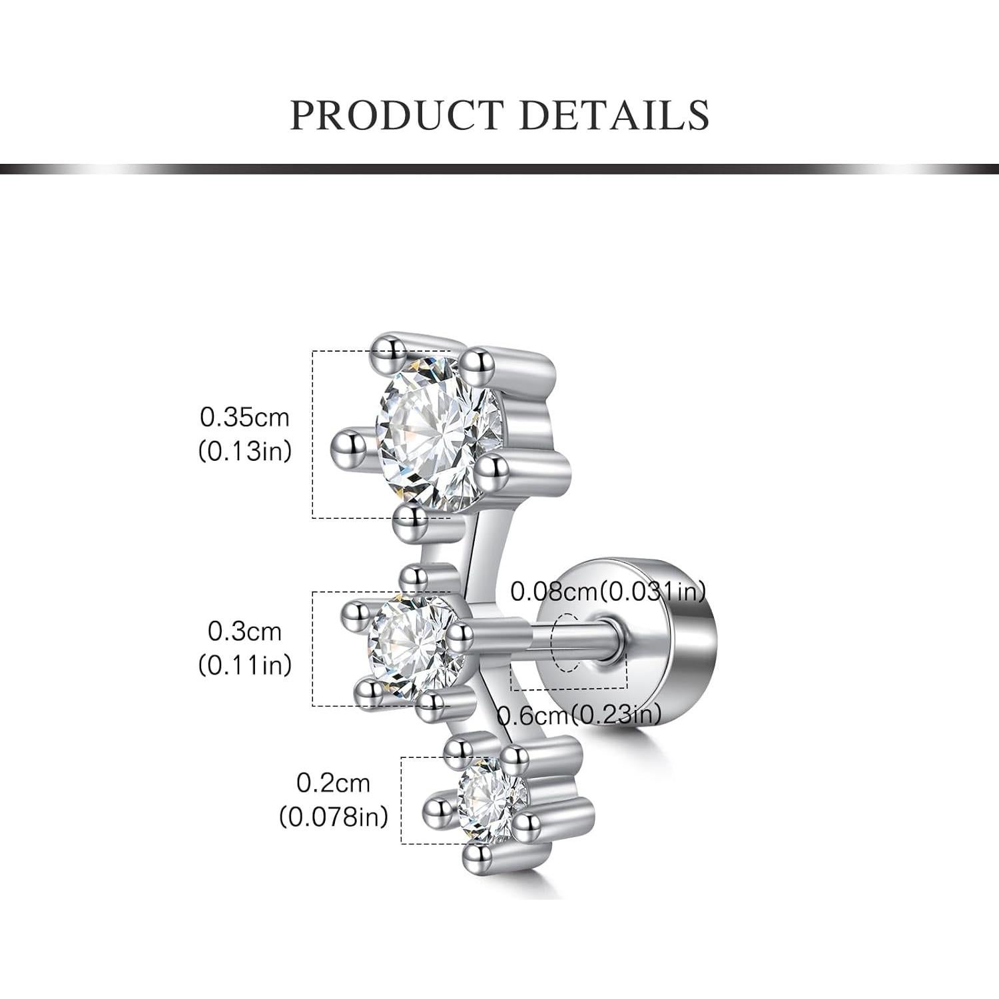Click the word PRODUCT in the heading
396,115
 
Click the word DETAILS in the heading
614,115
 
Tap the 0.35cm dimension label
245,418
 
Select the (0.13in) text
245,452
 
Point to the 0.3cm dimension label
245,631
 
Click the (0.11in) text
245,665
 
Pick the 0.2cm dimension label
333,783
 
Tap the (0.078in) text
333,817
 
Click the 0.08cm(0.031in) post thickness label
608,591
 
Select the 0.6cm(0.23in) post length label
579,715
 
